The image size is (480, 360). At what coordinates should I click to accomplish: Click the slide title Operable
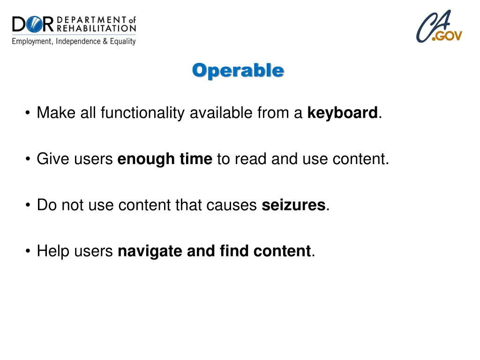pos(238,70)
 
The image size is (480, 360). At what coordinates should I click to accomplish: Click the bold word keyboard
pos(342,113)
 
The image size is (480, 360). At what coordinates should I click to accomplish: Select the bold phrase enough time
pos(165,159)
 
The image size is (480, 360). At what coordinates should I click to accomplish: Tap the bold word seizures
pos(293,205)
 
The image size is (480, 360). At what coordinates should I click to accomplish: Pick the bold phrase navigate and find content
pos(214,251)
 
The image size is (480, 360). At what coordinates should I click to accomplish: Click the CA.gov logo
pos(439,27)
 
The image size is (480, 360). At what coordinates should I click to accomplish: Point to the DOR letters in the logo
pos(33,24)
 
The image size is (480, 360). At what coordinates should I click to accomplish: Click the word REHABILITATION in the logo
pos(96,29)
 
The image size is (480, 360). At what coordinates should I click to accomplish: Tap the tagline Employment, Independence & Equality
pos(74,41)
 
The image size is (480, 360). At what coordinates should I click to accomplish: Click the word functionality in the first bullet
pos(143,113)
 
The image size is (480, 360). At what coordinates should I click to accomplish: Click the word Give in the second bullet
pos(50,159)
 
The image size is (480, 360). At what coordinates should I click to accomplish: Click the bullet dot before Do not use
pos(29,205)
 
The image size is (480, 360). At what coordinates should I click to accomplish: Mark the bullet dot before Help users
pos(29,252)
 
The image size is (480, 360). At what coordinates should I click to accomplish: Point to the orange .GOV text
pos(447,36)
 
